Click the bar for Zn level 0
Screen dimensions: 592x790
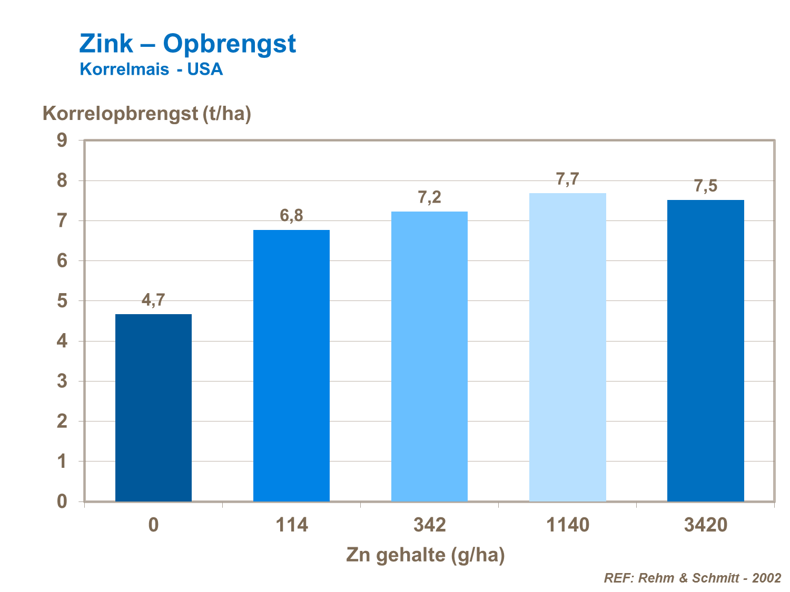pyautogui.click(x=153, y=408)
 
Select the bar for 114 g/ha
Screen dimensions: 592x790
pyautogui.click(x=291, y=366)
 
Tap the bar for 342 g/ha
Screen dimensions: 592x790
pyautogui.click(x=429, y=356)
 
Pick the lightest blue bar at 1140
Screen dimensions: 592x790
pyautogui.click(x=567, y=347)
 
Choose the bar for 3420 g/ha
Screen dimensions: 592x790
pyautogui.click(x=705, y=350)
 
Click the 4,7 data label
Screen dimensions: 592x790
pyautogui.click(x=153, y=300)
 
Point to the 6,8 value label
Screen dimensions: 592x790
pyautogui.click(x=291, y=215)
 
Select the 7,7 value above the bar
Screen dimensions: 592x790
pyautogui.click(x=567, y=179)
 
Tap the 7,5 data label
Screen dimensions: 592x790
pyautogui.click(x=705, y=186)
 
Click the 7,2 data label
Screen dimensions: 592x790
pyautogui.click(x=429, y=198)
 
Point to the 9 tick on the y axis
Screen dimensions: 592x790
pyautogui.click(x=62, y=141)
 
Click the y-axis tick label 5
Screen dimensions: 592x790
pyautogui.click(x=62, y=301)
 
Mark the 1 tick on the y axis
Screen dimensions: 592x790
pyautogui.click(x=62, y=461)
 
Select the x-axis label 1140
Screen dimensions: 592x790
pyautogui.click(x=567, y=525)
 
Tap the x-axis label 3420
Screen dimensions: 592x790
pyautogui.click(x=705, y=525)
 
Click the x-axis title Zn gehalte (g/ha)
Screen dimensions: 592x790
pyautogui.click(x=425, y=555)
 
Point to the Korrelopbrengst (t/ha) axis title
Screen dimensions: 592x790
pyautogui.click(x=146, y=113)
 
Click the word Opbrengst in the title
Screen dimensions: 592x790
pyautogui.click(x=229, y=43)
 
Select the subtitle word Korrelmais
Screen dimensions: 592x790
pyautogui.click(x=124, y=69)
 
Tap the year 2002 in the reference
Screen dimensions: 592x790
pyautogui.click(x=766, y=578)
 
